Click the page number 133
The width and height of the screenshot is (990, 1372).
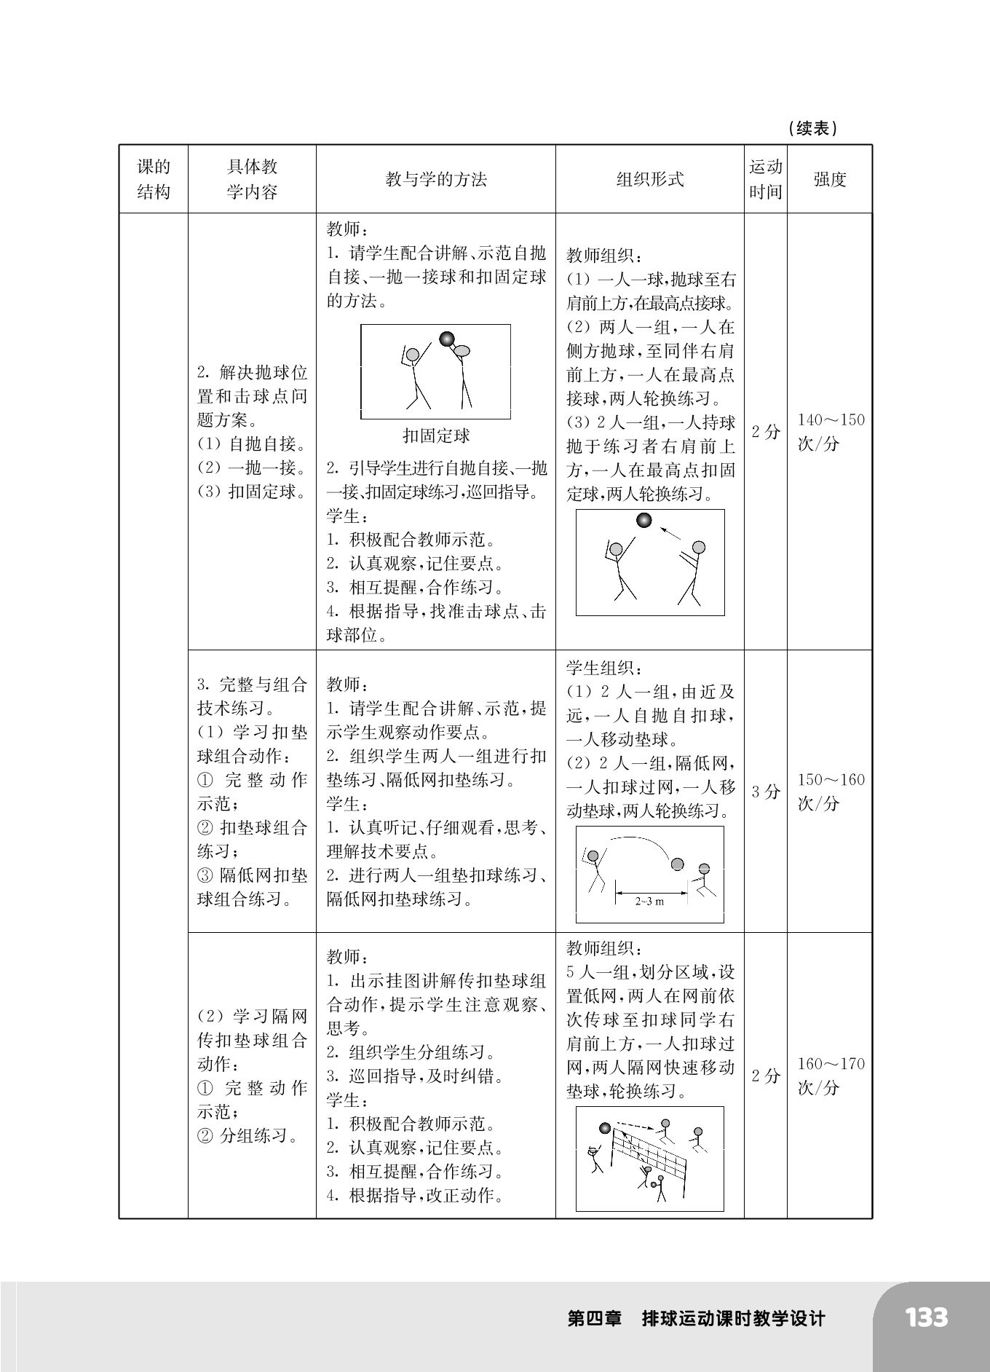pyautogui.click(x=927, y=1317)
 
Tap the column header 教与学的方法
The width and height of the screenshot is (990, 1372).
pyautogui.click(x=435, y=180)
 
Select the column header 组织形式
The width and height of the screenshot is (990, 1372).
pyautogui.click(x=649, y=180)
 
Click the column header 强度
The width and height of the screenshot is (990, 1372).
pyautogui.click(x=829, y=180)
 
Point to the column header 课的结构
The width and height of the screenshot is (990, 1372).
pyautogui.click(x=154, y=179)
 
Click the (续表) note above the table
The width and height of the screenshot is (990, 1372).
pyautogui.click(x=812, y=129)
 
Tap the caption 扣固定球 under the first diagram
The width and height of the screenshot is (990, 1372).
pyautogui.click(x=436, y=436)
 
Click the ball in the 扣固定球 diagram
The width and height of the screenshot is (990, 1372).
pyautogui.click(x=446, y=339)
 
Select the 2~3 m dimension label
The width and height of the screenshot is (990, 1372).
pyautogui.click(x=649, y=901)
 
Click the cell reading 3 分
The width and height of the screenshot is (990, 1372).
pyautogui.click(x=765, y=792)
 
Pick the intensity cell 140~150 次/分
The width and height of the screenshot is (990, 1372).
pyautogui.click(x=830, y=432)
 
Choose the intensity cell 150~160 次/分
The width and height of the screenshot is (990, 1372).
pyautogui.click(x=830, y=792)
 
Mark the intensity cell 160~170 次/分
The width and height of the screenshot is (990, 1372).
pyautogui.click(x=830, y=1076)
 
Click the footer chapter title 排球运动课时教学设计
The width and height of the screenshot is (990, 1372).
pyautogui.click(x=733, y=1319)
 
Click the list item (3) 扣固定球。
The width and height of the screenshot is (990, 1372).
pyautogui.click(x=252, y=492)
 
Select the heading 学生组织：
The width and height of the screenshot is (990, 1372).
pyautogui.click(x=603, y=668)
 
